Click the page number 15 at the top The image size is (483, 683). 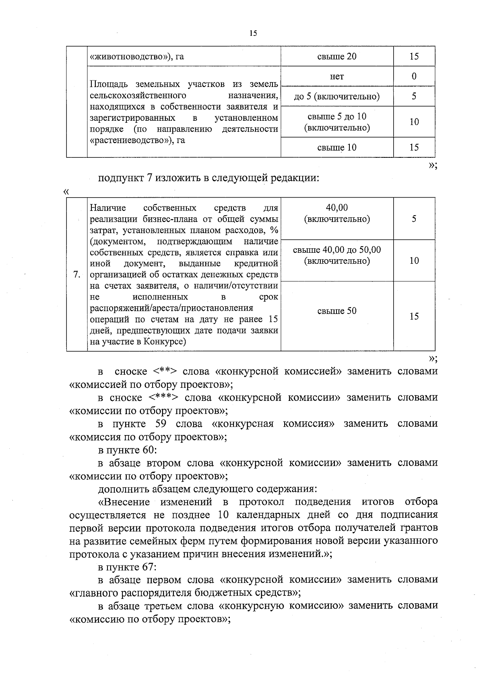[253, 33]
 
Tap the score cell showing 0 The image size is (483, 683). [414, 76]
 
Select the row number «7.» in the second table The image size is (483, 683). [76, 274]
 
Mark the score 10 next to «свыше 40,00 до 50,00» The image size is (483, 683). [414, 260]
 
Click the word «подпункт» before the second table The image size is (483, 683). [119, 178]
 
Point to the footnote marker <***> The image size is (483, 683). [163, 398]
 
